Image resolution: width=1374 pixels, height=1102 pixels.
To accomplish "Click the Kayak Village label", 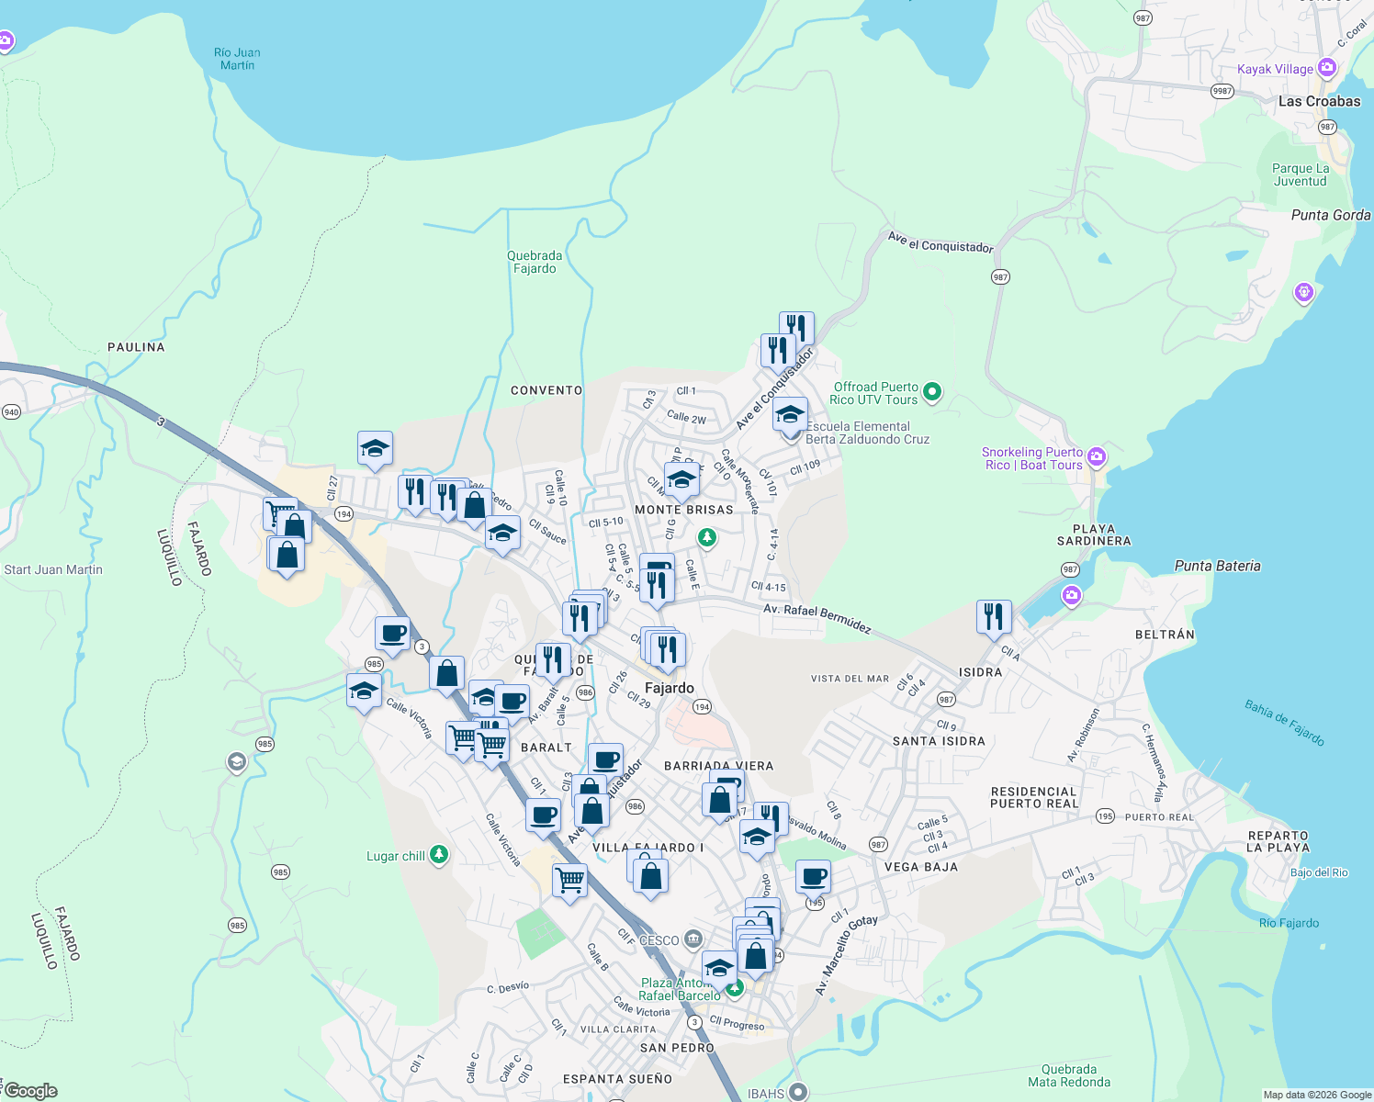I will [1275, 69].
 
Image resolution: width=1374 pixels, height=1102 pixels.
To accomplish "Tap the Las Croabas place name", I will [1319, 101].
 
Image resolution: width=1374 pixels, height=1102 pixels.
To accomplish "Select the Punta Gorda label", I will [1330, 215].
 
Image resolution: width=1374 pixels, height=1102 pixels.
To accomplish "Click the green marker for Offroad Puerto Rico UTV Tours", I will [932, 392].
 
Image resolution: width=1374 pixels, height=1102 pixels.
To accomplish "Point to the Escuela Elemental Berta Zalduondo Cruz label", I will [867, 433].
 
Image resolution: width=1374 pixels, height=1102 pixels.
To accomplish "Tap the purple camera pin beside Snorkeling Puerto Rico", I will [1096, 456].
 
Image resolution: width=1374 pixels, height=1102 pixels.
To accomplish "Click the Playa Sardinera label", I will [1093, 534].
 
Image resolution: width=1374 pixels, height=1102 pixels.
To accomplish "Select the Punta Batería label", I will [1217, 566].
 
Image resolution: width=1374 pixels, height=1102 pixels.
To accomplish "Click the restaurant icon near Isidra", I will [994, 617].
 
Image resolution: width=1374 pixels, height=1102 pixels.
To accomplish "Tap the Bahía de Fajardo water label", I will [1284, 722].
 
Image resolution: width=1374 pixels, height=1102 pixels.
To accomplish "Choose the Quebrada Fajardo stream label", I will [535, 262].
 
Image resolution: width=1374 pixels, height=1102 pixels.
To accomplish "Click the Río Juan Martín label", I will [237, 59].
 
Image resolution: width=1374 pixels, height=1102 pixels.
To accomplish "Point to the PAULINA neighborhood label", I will [136, 346].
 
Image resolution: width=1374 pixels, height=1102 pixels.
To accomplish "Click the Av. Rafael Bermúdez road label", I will [817, 618].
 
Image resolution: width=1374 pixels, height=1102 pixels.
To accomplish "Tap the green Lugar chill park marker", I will [439, 855].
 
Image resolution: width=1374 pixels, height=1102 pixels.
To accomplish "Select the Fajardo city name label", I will [669, 688].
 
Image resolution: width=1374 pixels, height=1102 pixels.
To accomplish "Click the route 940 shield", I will [11, 411].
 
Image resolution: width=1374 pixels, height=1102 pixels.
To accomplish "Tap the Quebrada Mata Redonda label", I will [1069, 1075].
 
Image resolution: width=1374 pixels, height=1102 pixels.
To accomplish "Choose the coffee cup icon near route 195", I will [813, 877].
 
